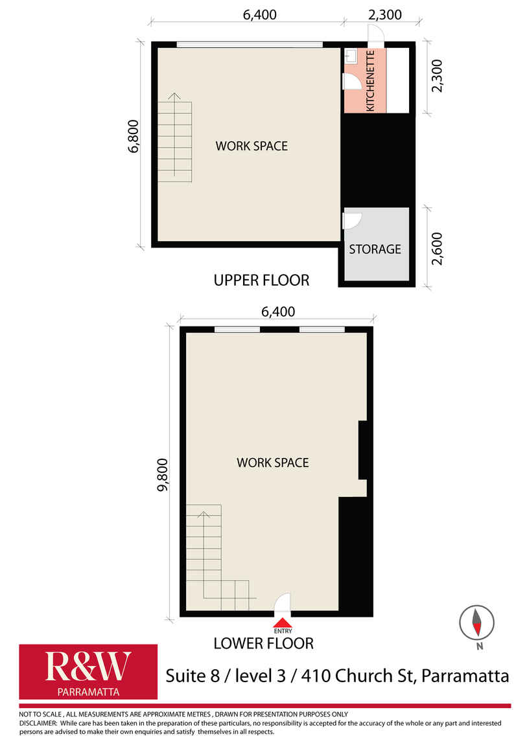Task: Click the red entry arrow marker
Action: point(283,623)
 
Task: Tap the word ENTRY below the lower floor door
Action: point(283,631)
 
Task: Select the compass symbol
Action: point(476,623)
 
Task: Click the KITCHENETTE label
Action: point(371,81)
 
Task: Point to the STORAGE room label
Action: point(375,249)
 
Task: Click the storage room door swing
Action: point(352,220)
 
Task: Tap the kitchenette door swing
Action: point(351,81)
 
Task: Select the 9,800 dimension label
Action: point(163,474)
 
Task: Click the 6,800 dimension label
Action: point(134,136)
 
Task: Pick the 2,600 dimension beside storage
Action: point(437,249)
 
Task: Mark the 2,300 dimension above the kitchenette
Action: point(385,15)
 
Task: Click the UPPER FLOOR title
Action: point(261,281)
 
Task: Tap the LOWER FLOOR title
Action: point(263,643)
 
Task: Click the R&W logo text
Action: point(88,666)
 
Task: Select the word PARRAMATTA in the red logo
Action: point(88,692)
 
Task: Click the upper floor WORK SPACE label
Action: point(252,146)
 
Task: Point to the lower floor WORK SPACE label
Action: point(273,463)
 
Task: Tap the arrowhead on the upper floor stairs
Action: point(174,96)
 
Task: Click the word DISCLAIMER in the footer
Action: point(38,723)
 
